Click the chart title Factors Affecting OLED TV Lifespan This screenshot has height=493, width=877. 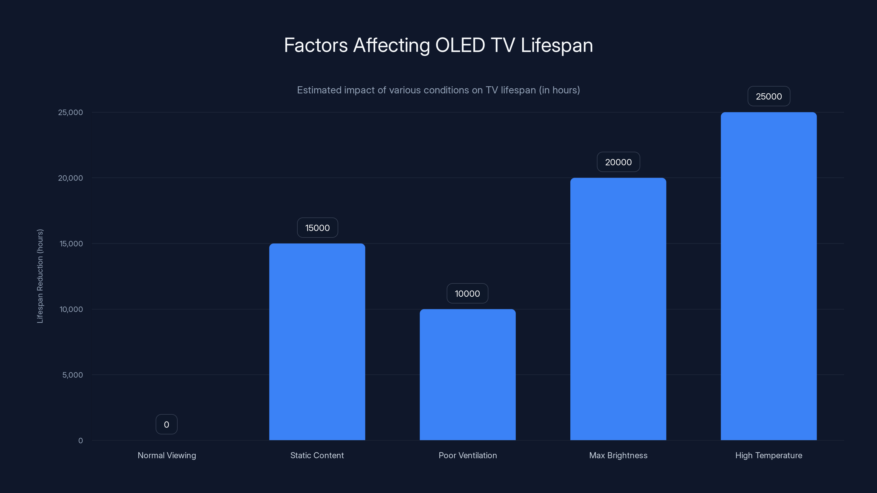pyautogui.click(x=438, y=45)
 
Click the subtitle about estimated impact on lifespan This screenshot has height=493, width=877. pyautogui.click(x=438, y=90)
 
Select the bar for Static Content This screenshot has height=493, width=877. pyautogui.click(x=317, y=342)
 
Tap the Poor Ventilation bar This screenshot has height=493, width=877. pyautogui.click(x=468, y=374)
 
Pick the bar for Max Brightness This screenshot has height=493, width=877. pyautogui.click(x=618, y=309)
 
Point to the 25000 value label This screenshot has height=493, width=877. pyautogui.click(x=768, y=96)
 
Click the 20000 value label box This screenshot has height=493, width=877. pyautogui.click(x=618, y=162)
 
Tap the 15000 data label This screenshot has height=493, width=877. pyautogui.click(x=317, y=228)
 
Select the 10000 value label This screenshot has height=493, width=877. pyautogui.click(x=467, y=293)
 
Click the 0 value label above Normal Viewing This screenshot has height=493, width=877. pyautogui.click(x=166, y=424)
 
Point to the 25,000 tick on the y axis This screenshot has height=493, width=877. pyautogui.click(x=70, y=112)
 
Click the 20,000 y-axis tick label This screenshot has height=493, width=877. pyautogui.click(x=70, y=178)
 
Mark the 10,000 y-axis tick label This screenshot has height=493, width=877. pyautogui.click(x=71, y=309)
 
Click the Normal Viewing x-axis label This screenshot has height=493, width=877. pyautogui.click(x=167, y=455)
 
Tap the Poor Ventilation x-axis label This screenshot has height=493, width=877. pyautogui.click(x=468, y=455)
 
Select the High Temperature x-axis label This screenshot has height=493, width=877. pyautogui.click(x=768, y=455)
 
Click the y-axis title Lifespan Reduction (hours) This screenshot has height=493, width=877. pyautogui.click(x=40, y=276)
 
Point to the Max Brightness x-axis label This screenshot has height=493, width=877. pyautogui.click(x=618, y=455)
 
